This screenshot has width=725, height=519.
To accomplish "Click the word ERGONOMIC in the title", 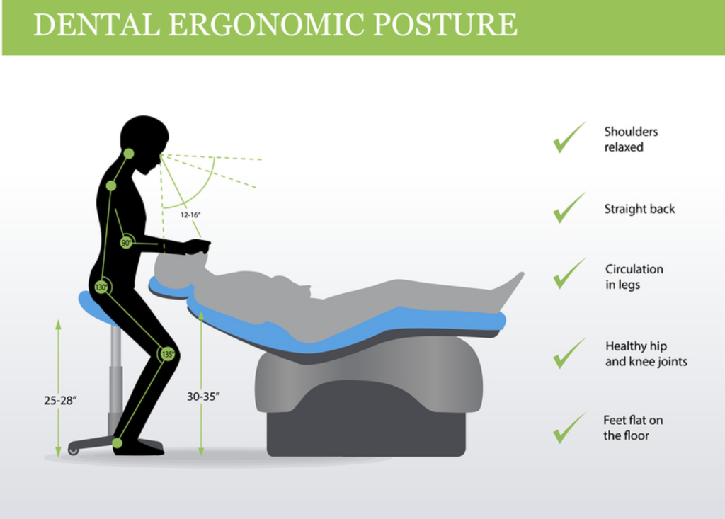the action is click(x=267, y=25).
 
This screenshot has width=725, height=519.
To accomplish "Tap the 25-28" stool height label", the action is click(x=61, y=400).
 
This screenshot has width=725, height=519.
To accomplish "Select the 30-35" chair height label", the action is click(x=203, y=397).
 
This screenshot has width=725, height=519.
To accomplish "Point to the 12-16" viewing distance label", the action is click(x=190, y=215).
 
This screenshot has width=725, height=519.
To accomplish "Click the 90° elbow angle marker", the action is click(x=126, y=242).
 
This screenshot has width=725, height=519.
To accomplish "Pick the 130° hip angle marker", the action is click(x=101, y=287).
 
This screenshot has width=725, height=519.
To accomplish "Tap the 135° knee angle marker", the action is click(x=167, y=354).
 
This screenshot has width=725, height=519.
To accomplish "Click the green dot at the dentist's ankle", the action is click(x=118, y=443).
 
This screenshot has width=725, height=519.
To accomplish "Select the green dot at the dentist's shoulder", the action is click(x=111, y=186).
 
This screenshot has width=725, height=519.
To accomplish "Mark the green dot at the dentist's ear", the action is click(x=129, y=154).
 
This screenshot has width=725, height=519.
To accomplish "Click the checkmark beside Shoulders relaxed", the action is click(x=569, y=137).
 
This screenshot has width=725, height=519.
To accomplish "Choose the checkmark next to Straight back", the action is click(x=569, y=208).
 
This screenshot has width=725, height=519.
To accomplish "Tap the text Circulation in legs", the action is click(x=634, y=277).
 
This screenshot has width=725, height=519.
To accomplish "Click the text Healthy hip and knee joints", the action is click(x=646, y=353).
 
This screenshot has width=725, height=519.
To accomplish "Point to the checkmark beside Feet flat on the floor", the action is click(x=569, y=428).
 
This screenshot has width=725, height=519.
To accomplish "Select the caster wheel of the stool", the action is click(x=73, y=450).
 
